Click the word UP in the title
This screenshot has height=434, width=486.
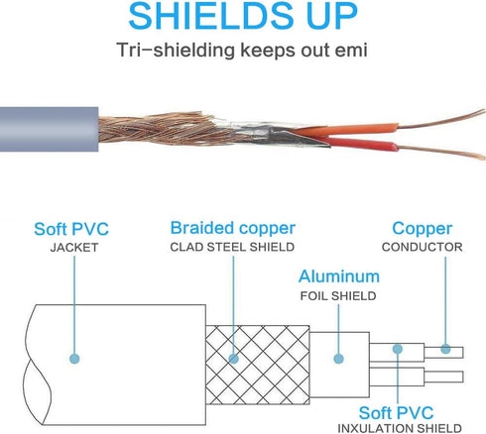coord(332,16)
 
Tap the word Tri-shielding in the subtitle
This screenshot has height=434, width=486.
coord(177,51)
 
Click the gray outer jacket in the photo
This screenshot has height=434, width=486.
coord(49,129)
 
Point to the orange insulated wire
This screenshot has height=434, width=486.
coord(347,129)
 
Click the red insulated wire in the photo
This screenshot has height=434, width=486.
coord(360,145)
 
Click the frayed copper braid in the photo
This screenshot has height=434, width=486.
coord(156,129)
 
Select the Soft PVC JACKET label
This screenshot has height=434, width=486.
coord(71,237)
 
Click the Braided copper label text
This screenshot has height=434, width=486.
coord(233,228)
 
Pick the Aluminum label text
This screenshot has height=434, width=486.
coord(339,276)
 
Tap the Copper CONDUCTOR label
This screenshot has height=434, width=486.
coord(423,237)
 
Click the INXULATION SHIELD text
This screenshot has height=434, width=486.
coord(400,428)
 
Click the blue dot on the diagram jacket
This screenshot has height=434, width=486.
coord(74,359)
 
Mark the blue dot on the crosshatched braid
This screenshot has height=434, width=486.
coord(233,359)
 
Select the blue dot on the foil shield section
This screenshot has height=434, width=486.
coord(338,359)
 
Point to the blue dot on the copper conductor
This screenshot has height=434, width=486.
coord(445,349)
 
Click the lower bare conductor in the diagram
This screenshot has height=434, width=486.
coord(443,377)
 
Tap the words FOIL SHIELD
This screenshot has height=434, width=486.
coord(338,296)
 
